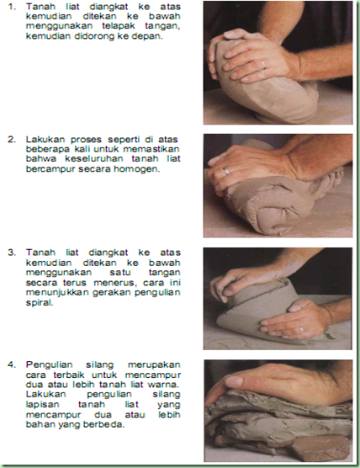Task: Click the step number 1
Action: click(12, 7)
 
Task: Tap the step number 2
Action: click(12, 140)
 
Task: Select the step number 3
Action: click(12, 253)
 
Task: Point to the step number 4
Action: click(12, 364)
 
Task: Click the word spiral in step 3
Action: click(40, 303)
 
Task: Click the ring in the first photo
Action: click(263, 63)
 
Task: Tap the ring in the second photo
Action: click(226, 171)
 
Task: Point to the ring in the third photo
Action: click(301, 329)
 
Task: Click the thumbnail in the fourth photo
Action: click(234, 381)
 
